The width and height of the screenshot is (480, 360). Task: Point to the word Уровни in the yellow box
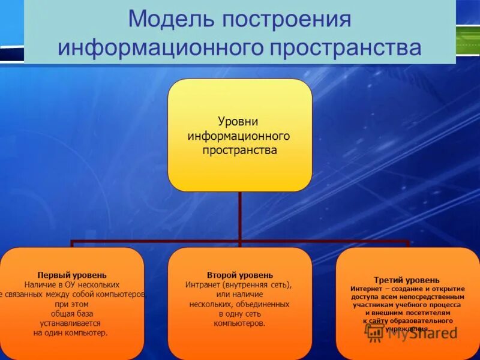(x=239, y=123)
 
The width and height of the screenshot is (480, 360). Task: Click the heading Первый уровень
(x=72, y=275)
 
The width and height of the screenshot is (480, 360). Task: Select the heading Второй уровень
(x=239, y=275)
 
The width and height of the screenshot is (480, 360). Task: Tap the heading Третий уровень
(x=407, y=280)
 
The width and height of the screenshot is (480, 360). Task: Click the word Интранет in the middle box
(x=203, y=285)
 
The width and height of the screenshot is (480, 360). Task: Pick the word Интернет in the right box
(x=366, y=289)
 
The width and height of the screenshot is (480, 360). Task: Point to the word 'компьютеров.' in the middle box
(x=239, y=323)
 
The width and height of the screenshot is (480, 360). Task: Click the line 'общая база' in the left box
(x=72, y=314)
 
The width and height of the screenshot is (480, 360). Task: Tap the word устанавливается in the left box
(x=72, y=323)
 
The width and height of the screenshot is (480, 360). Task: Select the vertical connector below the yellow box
(x=239, y=216)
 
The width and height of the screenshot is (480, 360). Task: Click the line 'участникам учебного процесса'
(x=407, y=305)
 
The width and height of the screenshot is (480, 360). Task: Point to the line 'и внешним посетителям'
(x=407, y=313)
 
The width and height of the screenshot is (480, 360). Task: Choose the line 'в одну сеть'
(x=239, y=314)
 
